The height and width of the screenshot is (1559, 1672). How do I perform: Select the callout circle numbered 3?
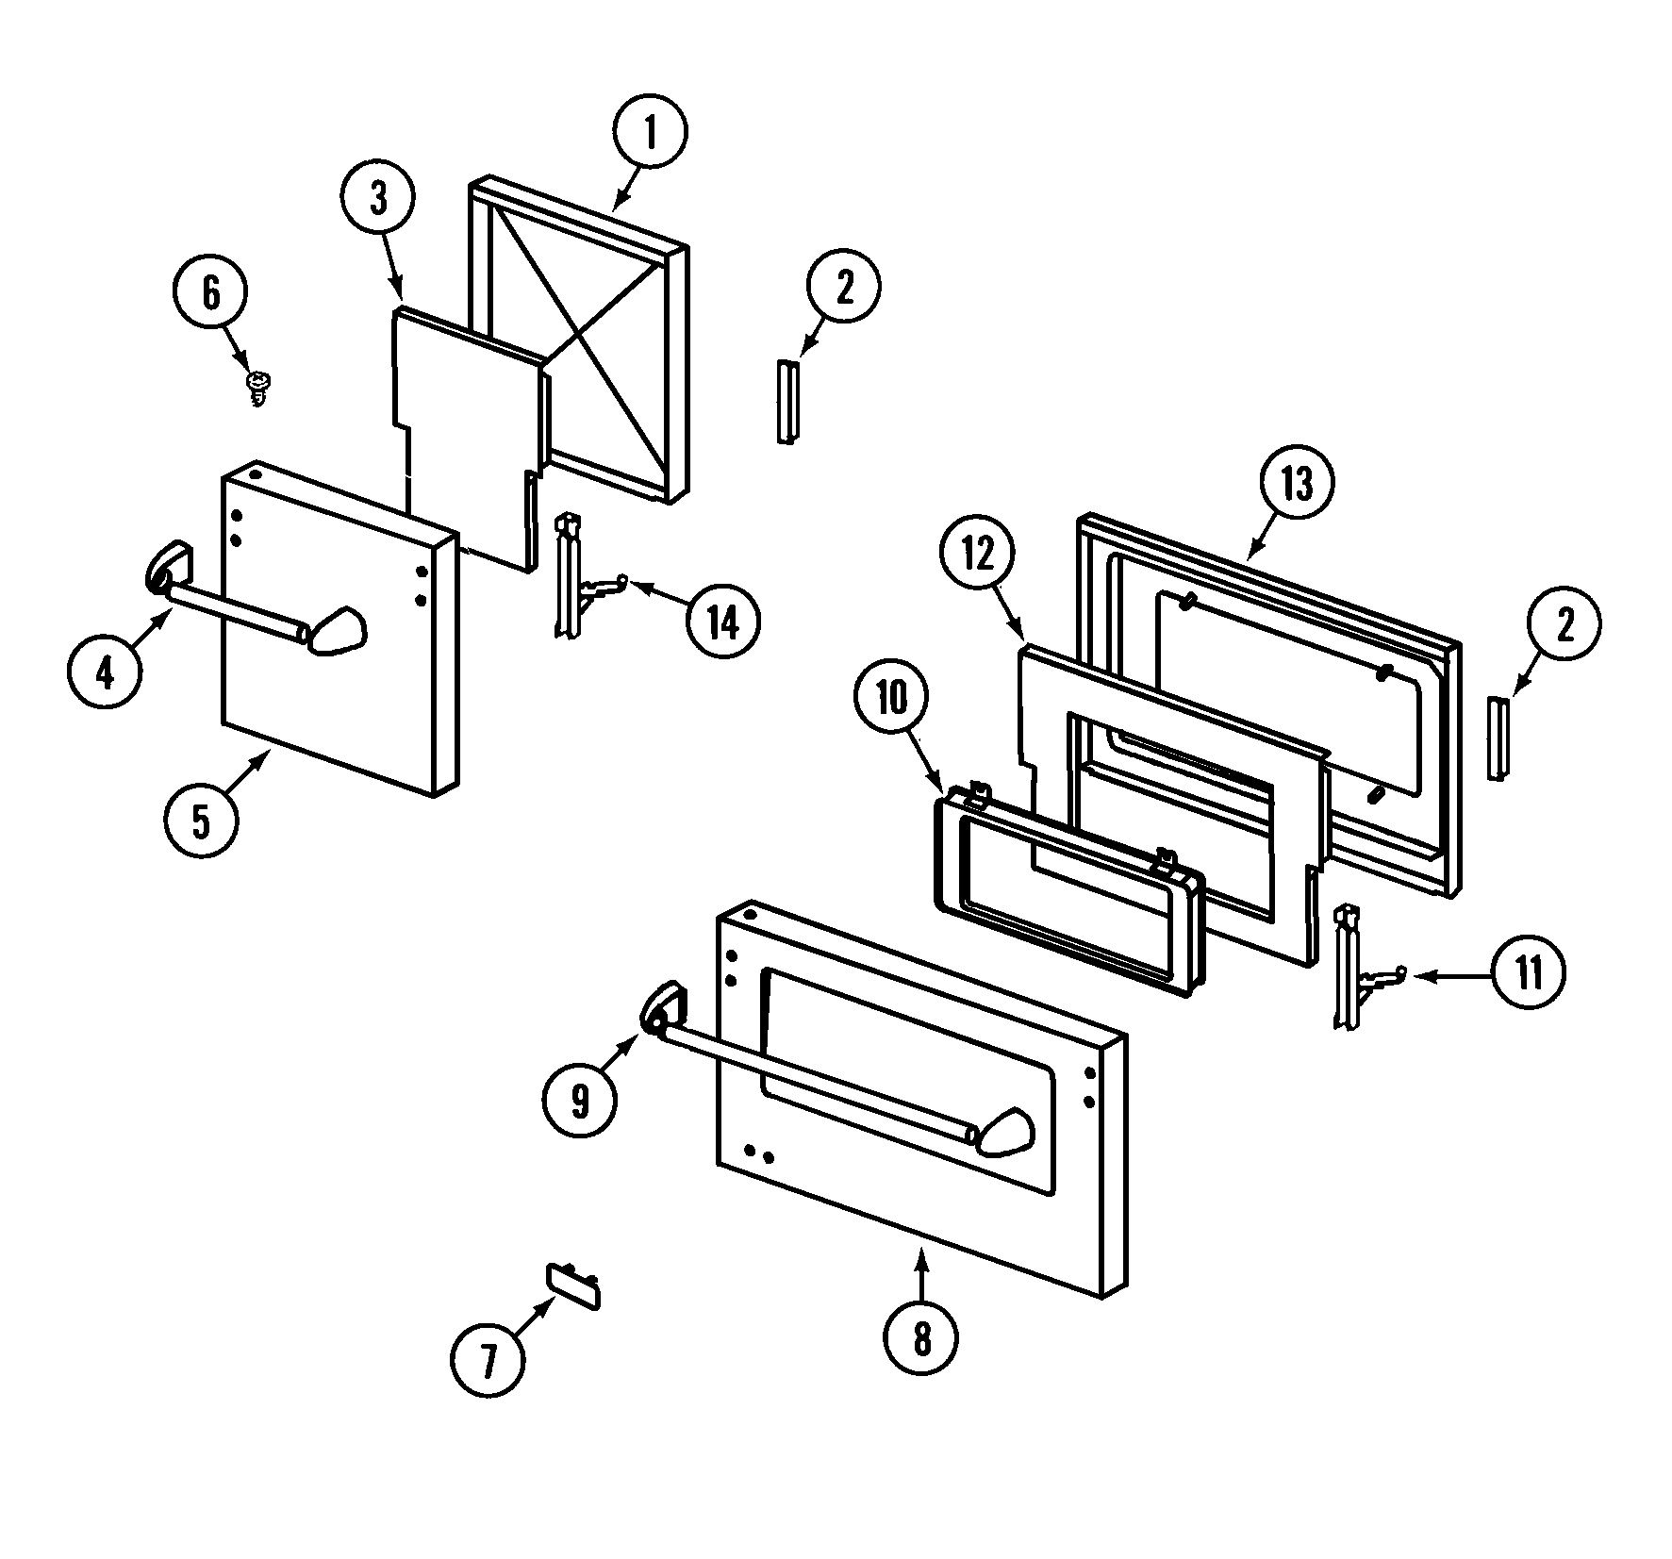(377, 200)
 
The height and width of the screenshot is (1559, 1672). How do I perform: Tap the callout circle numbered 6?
(210, 292)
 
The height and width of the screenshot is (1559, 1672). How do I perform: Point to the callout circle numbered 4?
(105, 673)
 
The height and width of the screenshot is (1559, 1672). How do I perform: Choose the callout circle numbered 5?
(201, 821)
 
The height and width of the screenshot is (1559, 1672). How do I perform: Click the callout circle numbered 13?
(1297, 484)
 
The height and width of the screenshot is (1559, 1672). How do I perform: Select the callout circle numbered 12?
(978, 556)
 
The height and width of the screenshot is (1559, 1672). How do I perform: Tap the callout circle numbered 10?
(890, 698)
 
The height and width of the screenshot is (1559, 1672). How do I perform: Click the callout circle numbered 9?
(579, 1099)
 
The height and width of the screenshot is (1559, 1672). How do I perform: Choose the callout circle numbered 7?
(488, 1359)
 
